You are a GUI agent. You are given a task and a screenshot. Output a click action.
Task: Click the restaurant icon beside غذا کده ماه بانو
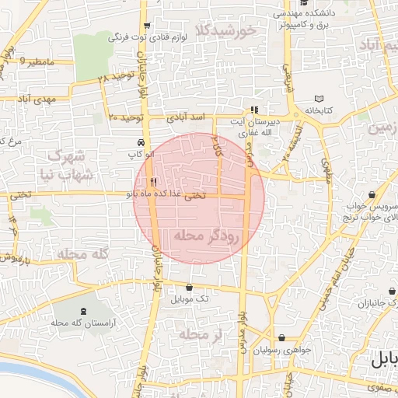[141, 182]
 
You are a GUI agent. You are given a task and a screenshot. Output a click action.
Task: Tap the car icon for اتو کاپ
[140, 144]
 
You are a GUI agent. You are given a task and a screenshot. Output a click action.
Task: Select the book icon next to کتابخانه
[319, 99]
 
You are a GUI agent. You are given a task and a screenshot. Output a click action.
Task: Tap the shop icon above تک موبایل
[190, 287]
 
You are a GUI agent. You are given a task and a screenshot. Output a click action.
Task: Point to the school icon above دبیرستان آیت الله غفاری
[254, 110]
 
